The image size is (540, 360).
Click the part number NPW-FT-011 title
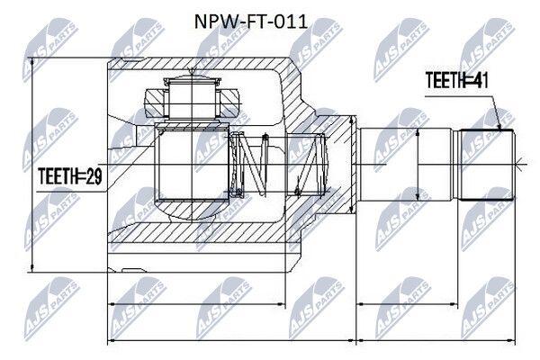click(x=251, y=22)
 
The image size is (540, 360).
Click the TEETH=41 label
click(x=456, y=81)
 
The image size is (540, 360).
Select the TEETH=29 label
click(x=70, y=176)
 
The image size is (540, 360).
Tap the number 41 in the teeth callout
click(x=479, y=81)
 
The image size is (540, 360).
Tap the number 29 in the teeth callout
click(x=93, y=176)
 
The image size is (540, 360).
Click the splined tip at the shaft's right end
click(x=487, y=165)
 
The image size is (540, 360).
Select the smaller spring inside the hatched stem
click(x=310, y=164)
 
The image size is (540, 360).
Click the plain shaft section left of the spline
click(x=405, y=165)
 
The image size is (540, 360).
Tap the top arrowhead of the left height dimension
click(x=32, y=62)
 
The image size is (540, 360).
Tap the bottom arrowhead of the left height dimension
click(x=32, y=267)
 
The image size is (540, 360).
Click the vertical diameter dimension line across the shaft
click(x=418, y=165)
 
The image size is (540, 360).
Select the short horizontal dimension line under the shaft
click(x=408, y=304)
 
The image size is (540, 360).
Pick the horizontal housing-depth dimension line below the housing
click(x=196, y=304)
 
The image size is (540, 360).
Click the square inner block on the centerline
click(x=192, y=162)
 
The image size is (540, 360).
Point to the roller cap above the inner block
click(x=192, y=98)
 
